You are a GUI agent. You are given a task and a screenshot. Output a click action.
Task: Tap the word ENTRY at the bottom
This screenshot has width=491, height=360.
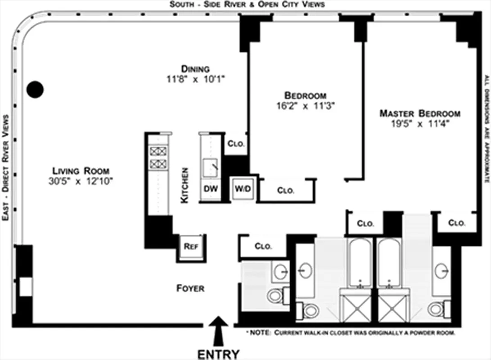pyautogui.click(x=219, y=354)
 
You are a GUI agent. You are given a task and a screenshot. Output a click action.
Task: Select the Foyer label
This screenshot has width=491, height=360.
pyautogui.click(x=190, y=288)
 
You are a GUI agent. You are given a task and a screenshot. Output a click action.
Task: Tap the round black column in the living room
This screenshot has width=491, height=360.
pyautogui.click(x=35, y=90)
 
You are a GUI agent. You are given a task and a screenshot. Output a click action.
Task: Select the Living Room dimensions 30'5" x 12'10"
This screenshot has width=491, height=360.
pyautogui.click(x=81, y=182)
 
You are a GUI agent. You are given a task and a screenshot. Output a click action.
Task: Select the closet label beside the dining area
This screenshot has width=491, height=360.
pyautogui.click(x=235, y=144)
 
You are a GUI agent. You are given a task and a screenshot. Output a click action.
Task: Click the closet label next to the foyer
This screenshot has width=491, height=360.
pyautogui.click(x=263, y=247)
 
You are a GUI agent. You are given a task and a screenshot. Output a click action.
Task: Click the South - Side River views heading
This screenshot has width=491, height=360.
pyautogui.click(x=247, y=4)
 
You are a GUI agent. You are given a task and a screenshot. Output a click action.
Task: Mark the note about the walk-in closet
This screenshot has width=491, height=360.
pyautogui.click(x=351, y=333)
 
